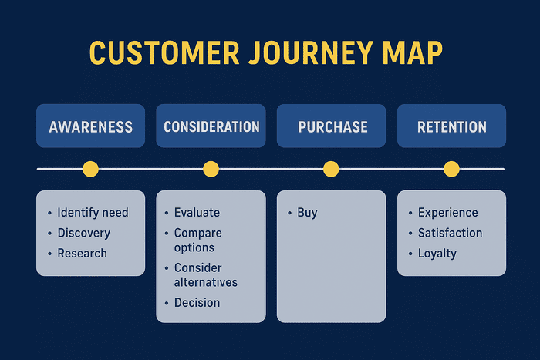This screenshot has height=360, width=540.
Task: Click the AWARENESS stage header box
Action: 90,126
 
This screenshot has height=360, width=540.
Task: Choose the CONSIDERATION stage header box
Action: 211,126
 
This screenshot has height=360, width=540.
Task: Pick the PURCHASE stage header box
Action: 331,126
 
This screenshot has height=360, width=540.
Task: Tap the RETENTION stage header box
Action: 451,126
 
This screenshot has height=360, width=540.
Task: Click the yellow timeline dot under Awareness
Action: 90,169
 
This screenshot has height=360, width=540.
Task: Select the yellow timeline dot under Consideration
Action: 211,169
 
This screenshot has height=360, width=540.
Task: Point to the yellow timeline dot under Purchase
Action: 331,169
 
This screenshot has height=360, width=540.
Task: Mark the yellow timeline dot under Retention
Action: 451,169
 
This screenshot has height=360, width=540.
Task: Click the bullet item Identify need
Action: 93,213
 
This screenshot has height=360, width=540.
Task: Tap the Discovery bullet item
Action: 83,233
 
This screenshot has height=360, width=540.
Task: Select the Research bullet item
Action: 82,253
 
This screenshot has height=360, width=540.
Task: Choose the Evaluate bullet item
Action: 197,213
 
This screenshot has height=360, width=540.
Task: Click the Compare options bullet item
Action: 197,240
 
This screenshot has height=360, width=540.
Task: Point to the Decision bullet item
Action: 197,302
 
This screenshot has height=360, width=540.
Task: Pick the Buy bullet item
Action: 307,213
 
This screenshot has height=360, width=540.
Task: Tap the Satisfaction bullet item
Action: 450,233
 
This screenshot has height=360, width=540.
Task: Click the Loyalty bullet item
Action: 437,253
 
